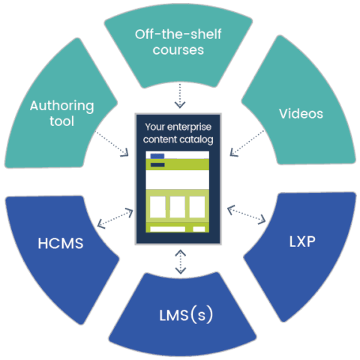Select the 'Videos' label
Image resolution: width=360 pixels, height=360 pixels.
click(x=300, y=114)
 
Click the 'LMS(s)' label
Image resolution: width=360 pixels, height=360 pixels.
click(x=180, y=314)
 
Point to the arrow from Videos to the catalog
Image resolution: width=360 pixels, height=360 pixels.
click(x=244, y=145)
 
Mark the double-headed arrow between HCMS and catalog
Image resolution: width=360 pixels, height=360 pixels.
click(x=115, y=218)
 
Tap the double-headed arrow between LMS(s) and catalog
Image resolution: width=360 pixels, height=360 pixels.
click(x=180, y=260)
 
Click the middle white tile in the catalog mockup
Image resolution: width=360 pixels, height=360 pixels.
click(x=178, y=206)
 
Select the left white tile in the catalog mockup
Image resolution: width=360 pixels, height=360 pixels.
click(x=158, y=206)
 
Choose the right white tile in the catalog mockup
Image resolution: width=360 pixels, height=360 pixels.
click(x=197, y=206)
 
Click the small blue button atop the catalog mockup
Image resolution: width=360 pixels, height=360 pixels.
click(x=157, y=156)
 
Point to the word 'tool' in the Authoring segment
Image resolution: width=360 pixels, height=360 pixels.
click(x=63, y=121)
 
